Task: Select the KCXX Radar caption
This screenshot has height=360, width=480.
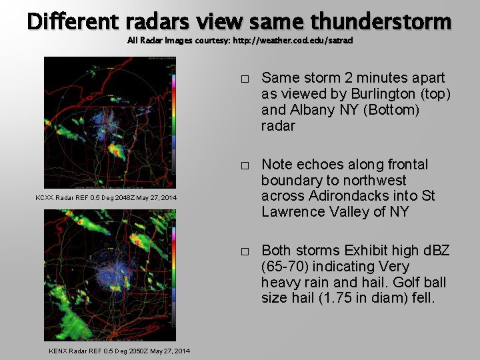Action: [x=106, y=198]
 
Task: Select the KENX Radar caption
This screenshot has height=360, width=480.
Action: [x=119, y=351]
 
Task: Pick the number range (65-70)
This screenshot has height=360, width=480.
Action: [x=285, y=267]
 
